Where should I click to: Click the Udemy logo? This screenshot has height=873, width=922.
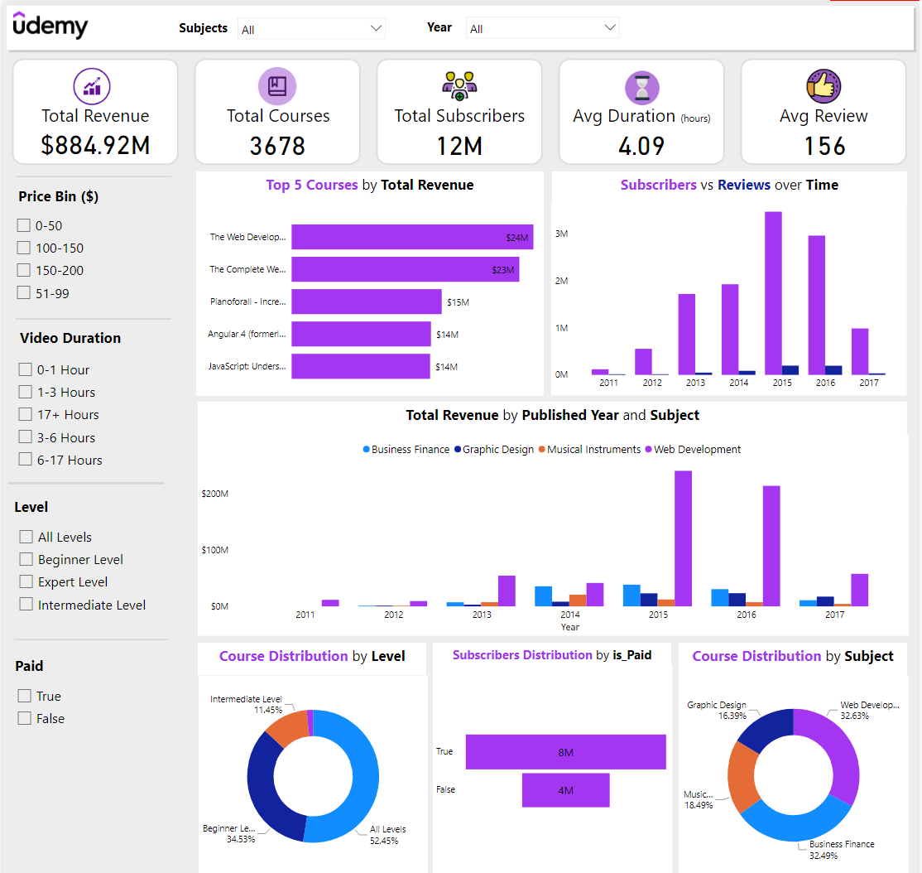coord(50,27)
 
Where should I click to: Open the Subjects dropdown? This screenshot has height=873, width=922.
coord(311,29)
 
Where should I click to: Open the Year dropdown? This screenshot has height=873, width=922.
coord(542,28)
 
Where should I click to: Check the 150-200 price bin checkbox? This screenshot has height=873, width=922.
coord(24,270)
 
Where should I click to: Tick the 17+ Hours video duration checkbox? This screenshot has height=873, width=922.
coord(26,414)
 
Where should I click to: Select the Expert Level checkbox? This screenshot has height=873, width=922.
coord(26,581)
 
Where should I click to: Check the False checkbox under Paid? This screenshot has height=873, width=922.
coord(25,718)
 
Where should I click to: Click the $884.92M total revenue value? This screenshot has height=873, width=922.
coord(95,146)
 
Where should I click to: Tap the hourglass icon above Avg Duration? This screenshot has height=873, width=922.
coord(641,87)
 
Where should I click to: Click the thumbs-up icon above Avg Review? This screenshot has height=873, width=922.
coord(824,86)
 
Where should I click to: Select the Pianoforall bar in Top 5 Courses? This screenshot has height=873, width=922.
coord(366,301)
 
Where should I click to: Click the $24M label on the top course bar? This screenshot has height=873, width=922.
coord(516,238)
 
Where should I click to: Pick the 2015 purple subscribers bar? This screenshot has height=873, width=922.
coord(773,293)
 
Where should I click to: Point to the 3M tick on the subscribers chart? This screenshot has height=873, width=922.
coord(561,234)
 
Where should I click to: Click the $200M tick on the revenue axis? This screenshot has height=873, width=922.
coord(214,494)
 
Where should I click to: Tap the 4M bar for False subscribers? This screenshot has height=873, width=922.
coord(565,790)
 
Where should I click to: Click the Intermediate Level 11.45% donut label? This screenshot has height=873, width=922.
coord(246,705)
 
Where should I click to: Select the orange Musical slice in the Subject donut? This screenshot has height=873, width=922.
coord(742,777)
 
